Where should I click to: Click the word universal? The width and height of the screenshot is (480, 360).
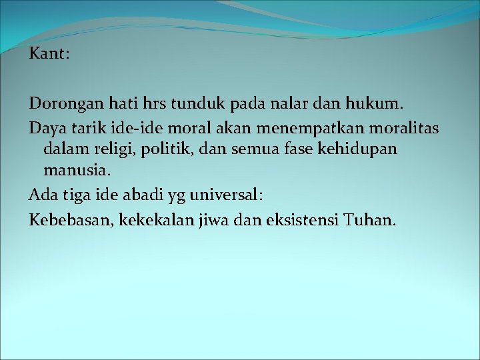tap(227, 195)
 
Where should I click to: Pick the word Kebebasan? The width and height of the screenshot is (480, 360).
tap(71, 217)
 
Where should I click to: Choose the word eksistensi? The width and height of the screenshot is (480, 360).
tap(299, 217)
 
